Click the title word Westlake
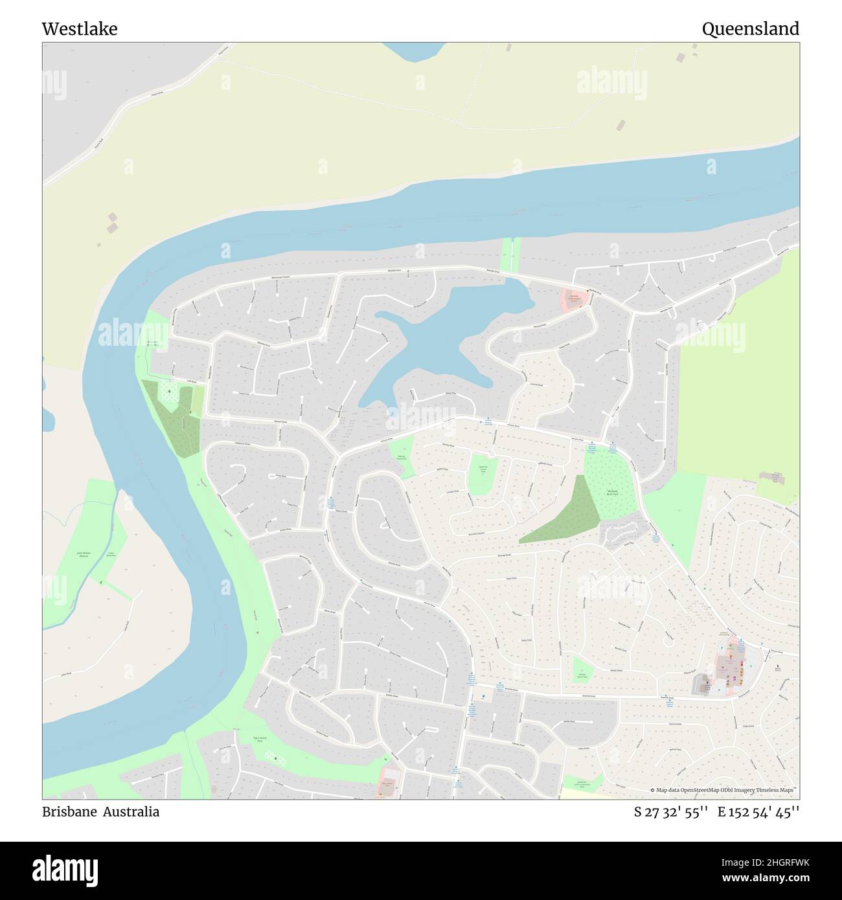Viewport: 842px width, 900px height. click(80, 29)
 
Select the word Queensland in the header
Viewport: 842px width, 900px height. click(750, 29)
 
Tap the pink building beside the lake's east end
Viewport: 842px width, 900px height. click(575, 298)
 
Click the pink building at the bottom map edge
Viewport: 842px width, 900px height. click(389, 783)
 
